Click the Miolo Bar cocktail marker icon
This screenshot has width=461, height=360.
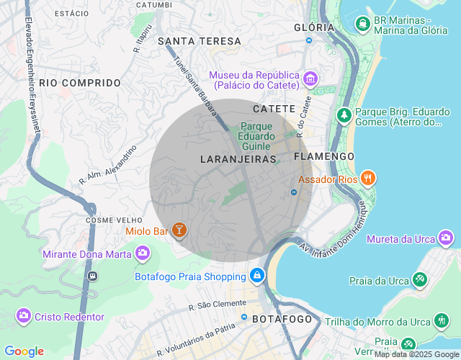[x=179, y=230]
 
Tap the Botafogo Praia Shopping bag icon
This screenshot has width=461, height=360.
[x=256, y=276]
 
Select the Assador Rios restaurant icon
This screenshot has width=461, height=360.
[x=367, y=178]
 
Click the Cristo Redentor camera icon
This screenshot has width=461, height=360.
[x=24, y=316]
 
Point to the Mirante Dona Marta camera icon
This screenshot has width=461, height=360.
[x=143, y=253]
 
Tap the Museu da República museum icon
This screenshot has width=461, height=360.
[x=310, y=78]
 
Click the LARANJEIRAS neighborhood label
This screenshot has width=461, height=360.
[x=237, y=158]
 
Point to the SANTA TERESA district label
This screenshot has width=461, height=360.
[x=200, y=41]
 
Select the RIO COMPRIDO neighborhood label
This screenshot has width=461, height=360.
[x=80, y=83]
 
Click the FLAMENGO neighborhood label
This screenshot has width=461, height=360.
[x=323, y=156]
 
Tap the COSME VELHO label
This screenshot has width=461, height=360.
[x=111, y=220]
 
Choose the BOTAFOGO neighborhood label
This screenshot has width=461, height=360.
[x=282, y=319]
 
